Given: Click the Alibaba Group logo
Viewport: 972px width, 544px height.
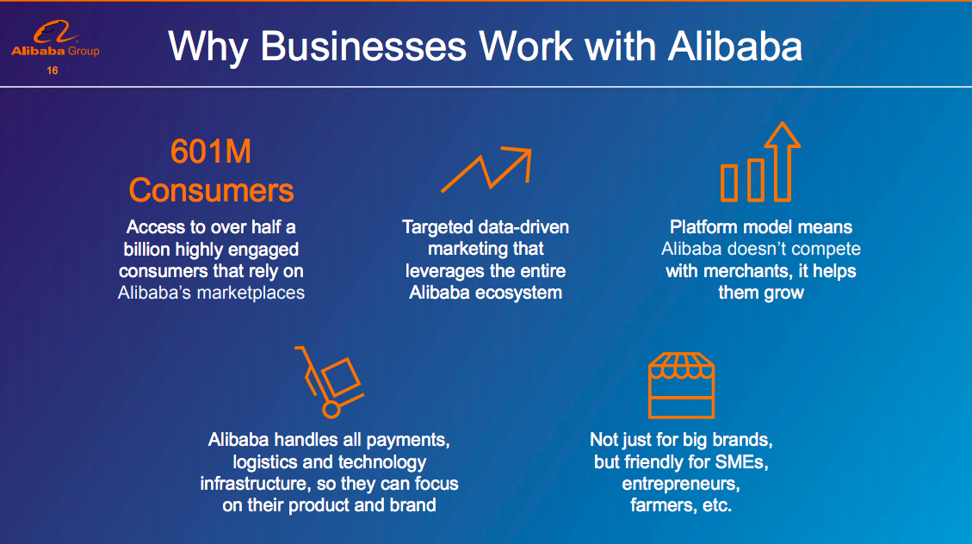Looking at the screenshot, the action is pyautogui.click(x=55, y=39).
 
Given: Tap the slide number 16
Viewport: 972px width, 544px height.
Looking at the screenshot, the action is pyautogui.click(x=52, y=71).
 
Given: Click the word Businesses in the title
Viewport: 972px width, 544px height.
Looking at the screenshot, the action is pyautogui.click(x=363, y=46).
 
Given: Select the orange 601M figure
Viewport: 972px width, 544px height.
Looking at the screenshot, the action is pyautogui.click(x=211, y=151).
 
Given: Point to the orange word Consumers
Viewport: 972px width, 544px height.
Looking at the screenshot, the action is pyautogui.click(x=211, y=190).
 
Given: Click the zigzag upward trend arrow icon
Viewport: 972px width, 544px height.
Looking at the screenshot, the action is pyautogui.click(x=486, y=170).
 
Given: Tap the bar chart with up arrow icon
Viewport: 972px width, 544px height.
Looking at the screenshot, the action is pyautogui.click(x=760, y=162).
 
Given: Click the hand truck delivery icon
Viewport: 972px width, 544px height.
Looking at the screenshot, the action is pyautogui.click(x=329, y=381).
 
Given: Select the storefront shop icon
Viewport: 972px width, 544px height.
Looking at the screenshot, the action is pyautogui.click(x=681, y=386).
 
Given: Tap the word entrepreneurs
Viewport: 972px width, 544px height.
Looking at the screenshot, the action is pyautogui.click(x=681, y=483).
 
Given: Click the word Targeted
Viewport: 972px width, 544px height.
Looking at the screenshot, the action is pyautogui.click(x=433, y=227).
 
